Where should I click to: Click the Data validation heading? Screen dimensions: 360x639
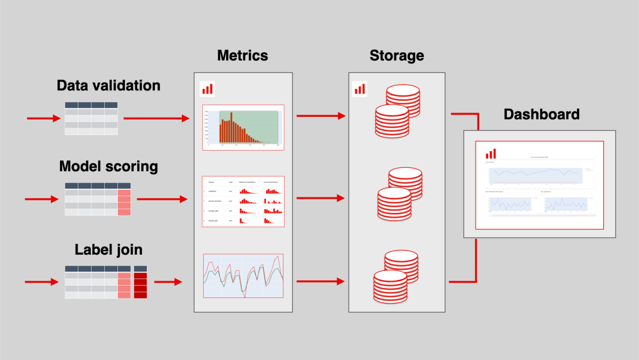(109, 86)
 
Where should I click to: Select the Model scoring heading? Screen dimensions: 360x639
(109, 167)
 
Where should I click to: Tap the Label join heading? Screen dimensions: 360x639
(109, 250)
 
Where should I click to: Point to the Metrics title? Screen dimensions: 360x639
(243, 55)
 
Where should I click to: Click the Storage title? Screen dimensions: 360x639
(397, 56)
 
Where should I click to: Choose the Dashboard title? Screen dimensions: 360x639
(542, 115)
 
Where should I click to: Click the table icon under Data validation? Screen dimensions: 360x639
(91, 119)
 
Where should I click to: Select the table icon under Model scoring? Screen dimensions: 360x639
(98, 199)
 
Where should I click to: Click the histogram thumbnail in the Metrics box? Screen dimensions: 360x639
(243, 127)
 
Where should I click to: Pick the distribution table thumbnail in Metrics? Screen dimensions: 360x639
(243, 201)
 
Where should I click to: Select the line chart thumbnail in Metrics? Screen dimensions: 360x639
(243, 276)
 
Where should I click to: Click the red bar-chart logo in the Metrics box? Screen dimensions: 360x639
(207, 90)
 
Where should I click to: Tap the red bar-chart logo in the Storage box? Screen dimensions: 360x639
(360, 89)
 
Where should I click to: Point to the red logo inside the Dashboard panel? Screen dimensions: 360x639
(491, 153)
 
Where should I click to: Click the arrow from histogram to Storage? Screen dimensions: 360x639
(321, 116)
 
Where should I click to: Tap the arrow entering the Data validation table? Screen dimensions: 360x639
(43, 119)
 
